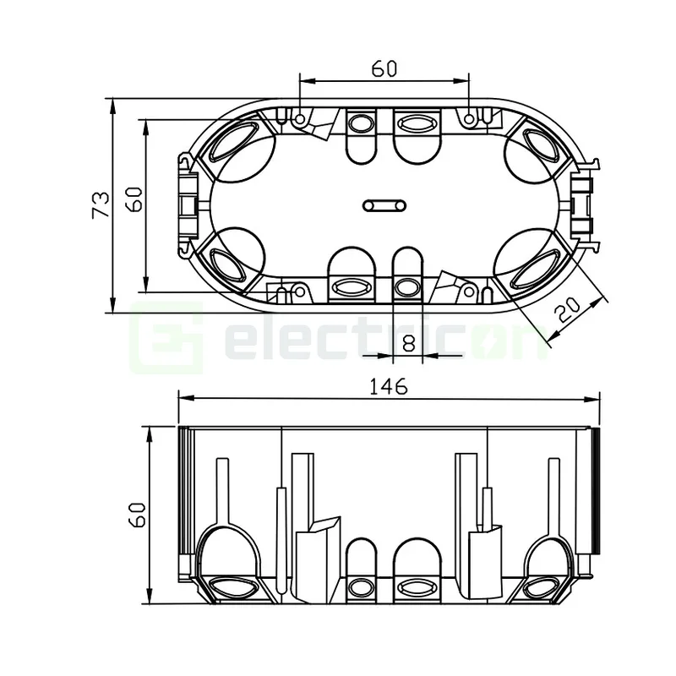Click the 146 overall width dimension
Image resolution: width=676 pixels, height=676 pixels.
pyautogui.click(x=388, y=386)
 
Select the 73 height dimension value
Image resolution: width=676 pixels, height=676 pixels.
pyautogui.click(x=101, y=205)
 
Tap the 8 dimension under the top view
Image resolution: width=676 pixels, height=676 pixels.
pyautogui.click(x=408, y=343)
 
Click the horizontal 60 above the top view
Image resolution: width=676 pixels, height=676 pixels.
pyautogui.click(x=383, y=69)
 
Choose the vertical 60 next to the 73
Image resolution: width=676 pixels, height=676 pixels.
pyautogui.click(x=135, y=204)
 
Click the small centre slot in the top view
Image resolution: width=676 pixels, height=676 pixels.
pyautogui.click(x=385, y=204)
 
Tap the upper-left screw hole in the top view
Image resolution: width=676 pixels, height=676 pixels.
pyautogui.click(x=301, y=118)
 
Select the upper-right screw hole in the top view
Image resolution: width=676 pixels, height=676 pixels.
pyautogui.click(x=469, y=118)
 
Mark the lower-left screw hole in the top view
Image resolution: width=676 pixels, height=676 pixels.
pyautogui.click(x=298, y=292)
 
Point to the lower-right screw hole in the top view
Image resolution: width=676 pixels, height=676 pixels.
pyautogui.click(x=469, y=292)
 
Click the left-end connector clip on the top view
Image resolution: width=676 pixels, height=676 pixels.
pyautogui.click(x=186, y=204)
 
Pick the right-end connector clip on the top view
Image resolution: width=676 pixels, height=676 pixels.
pyautogui.click(x=584, y=204)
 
